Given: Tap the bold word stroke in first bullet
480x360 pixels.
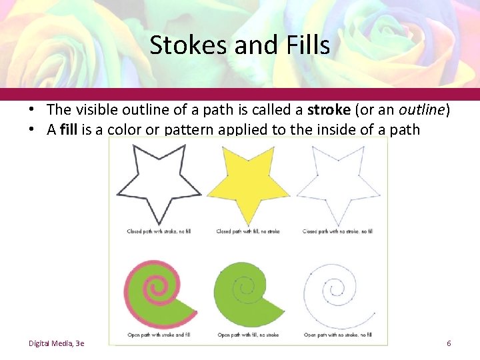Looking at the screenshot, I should tap(329, 109).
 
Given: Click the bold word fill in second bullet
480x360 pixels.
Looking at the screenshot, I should tap(69, 129).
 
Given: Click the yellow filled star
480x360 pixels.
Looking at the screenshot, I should tap(248, 183).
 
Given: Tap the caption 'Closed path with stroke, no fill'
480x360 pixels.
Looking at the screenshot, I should tap(159, 231).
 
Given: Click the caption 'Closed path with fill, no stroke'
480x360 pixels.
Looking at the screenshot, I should tap(248, 231).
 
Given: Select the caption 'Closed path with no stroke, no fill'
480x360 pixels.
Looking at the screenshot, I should tap(337, 231).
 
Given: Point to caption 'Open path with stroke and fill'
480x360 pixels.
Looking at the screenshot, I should tap(159, 335).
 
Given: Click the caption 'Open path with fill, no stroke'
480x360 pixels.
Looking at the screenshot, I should tap(248, 335).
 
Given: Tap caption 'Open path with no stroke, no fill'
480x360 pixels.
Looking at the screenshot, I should tap(337, 335).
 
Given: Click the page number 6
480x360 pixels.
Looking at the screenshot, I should tap(449, 343).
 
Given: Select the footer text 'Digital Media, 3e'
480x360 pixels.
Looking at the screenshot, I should tap(56, 343).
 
